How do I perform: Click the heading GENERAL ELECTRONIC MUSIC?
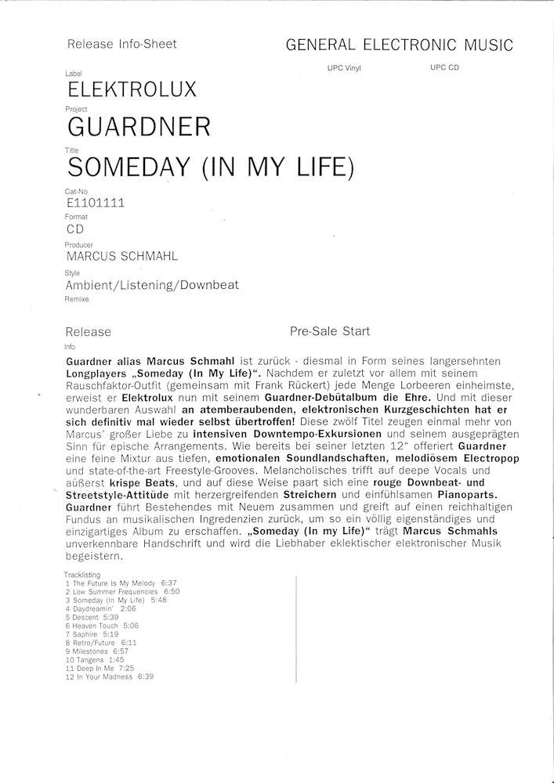pos(400,45)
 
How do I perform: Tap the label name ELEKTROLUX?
pos(132,89)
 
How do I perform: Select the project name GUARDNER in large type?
pos(139,126)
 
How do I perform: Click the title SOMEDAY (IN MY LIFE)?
pos(212,167)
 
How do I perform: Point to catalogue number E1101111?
pos(96,203)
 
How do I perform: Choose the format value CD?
pos(75,229)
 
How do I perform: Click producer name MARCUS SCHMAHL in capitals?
pos(122,256)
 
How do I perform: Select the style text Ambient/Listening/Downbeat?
pos(153,285)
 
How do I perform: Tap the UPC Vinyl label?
pos(344,68)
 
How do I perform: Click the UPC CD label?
pos(444,67)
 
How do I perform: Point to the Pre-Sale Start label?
pos(330,331)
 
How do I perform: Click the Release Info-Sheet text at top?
pos(122,44)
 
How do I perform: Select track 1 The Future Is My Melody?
pos(111,583)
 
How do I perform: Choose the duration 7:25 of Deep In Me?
pos(125,668)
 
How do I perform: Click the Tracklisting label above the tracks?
pos(82,575)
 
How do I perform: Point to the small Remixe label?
pos(77,299)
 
